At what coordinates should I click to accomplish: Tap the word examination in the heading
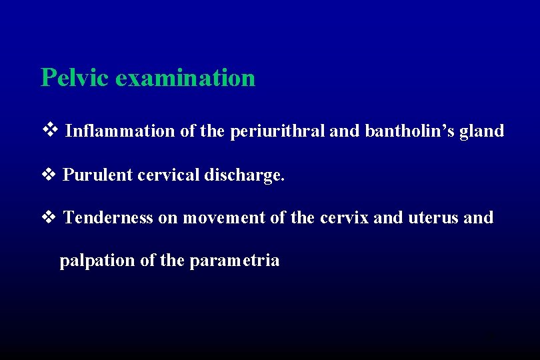point(185,78)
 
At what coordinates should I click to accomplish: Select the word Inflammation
point(120,131)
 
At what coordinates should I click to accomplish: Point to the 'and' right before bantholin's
point(345,131)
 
